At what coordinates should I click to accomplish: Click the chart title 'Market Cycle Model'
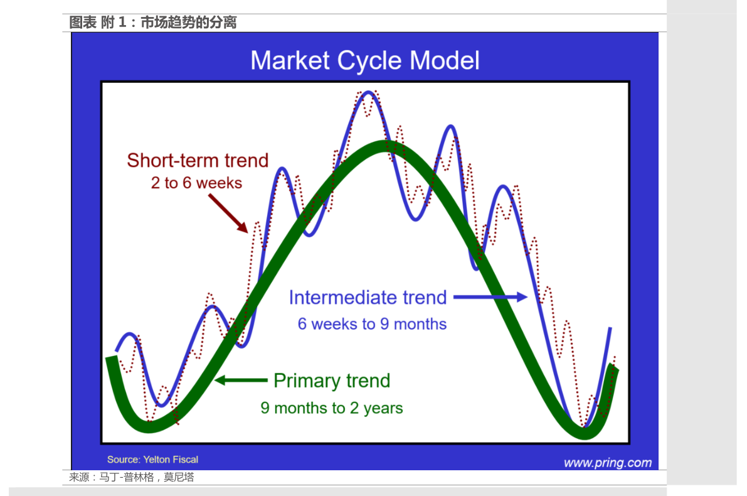point(365,60)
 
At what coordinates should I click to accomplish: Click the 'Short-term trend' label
point(198,160)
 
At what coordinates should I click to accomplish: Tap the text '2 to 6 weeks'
point(196,183)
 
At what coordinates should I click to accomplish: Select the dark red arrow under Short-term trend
point(228,213)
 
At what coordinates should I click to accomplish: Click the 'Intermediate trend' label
point(368,298)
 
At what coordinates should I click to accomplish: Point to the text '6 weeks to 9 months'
point(372,324)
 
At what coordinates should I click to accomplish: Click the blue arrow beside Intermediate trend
point(490,297)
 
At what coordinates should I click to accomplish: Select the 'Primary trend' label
point(332,381)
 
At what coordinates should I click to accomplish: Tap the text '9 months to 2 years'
point(332,408)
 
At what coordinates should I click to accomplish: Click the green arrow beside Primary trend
point(241,380)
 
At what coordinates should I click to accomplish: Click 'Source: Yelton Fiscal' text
point(152,460)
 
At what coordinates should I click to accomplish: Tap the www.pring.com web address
point(607,463)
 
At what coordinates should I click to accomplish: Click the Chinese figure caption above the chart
point(153,23)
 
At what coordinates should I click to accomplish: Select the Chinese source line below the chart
point(132,477)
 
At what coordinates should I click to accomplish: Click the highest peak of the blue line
point(368,92)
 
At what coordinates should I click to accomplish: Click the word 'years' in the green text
point(383,409)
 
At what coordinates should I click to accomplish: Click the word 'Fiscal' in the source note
point(185,460)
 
